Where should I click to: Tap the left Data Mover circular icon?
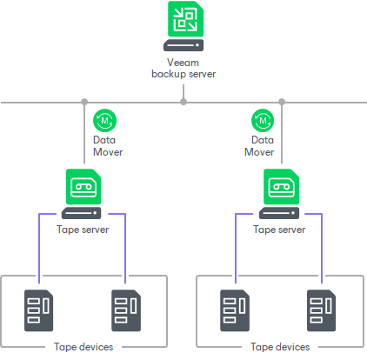point(105,119)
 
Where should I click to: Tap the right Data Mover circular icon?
point(262,119)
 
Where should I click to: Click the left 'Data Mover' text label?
point(108,145)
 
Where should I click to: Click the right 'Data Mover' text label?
point(258,145)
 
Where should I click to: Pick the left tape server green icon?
point(83,186)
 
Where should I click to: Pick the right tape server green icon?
point(280,186)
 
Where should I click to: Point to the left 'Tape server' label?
point(83,230)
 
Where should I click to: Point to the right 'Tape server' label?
point(279,230)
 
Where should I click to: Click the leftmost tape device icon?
point(39,308)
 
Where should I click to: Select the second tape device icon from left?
point(126,308)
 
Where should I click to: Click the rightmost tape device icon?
point(322,308)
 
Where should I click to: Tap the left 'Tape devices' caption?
point(83,347)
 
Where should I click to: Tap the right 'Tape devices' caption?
point(280,347)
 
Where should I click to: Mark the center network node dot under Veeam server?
point(183,102)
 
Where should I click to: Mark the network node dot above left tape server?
point(84,102)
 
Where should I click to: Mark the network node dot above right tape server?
point(281,102)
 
